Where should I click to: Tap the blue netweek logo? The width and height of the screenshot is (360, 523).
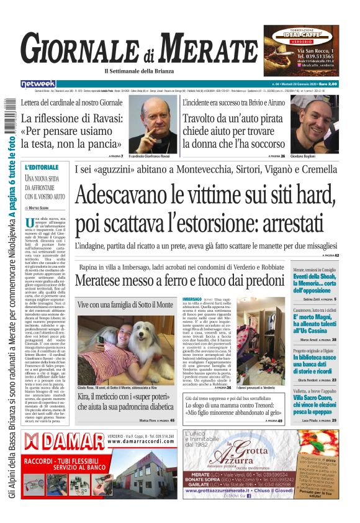tap(38, 83)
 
